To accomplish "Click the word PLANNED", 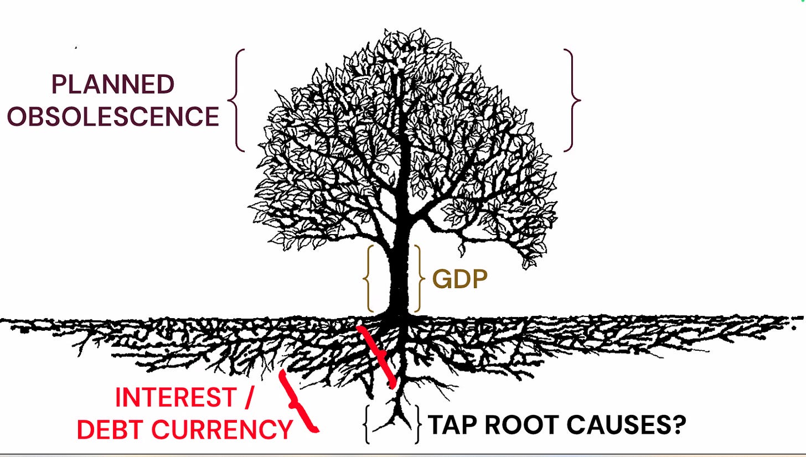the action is click(112, 85).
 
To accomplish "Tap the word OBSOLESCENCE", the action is click(113, 116).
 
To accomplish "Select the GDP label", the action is click(459, 279).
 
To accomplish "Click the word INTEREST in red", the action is click(175, 397).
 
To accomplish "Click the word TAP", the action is click(452, 425).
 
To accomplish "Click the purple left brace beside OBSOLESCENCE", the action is click(236, 100).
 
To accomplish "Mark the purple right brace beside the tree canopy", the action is click(572, 100).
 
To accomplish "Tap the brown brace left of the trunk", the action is click(368, 279).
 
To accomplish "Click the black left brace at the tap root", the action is click(366, 424).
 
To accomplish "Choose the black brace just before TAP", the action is click(417, 424).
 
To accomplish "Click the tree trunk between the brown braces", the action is click(399, 279).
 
